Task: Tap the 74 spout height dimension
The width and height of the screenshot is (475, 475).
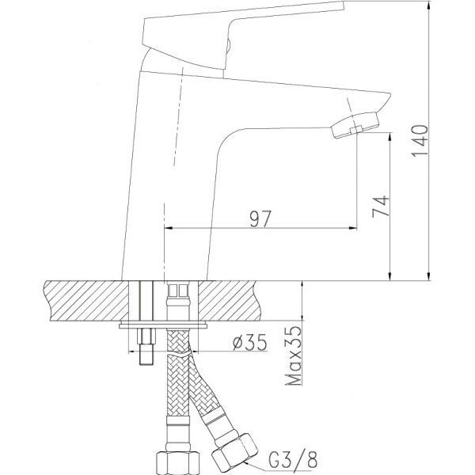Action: [379, 207]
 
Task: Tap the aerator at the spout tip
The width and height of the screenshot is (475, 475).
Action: [355, 123]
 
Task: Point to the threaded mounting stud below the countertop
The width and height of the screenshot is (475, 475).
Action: [144, 349]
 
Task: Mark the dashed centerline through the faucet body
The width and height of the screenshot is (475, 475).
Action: [163, 158]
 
